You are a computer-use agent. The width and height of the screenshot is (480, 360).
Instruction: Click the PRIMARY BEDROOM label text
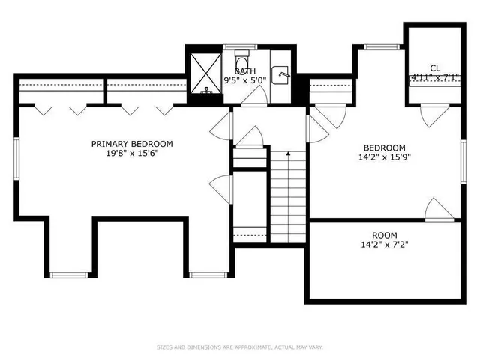132,144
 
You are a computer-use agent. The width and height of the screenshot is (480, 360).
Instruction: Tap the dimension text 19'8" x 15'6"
132,154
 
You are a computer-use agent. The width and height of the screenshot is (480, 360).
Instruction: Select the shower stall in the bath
205,73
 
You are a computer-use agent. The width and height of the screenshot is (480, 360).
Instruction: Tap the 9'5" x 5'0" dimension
245,80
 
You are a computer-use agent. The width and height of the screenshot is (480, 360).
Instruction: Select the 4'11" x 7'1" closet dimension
435,76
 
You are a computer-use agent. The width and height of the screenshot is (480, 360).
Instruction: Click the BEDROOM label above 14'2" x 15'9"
385,148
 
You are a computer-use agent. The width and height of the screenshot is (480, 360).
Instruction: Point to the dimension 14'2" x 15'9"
385,157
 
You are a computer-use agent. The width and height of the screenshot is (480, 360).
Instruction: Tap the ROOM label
385,235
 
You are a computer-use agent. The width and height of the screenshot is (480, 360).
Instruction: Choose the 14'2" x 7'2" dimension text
385,244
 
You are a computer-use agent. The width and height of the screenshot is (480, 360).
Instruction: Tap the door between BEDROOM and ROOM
439,210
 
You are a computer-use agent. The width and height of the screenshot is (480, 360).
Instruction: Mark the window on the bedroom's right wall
463,162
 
